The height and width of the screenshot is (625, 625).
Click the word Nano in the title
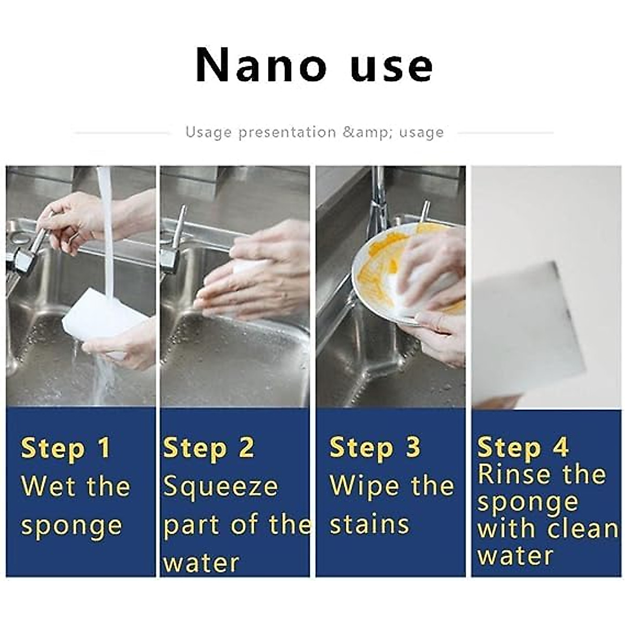(260, 65)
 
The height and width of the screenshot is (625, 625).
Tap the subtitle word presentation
(287, 132)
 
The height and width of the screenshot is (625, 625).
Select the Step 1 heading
(66, 449)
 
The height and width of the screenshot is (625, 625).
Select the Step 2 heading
(209, 449)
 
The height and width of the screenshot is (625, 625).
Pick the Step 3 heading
(375, 448)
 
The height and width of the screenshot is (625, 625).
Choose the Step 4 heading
(522, 448)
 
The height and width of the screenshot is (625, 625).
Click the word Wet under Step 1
(47, 486)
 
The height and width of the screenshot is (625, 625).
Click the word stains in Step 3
(369, 524)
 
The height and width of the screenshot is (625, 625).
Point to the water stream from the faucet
(107, 234)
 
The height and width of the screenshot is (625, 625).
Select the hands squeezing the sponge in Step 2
(255, 276)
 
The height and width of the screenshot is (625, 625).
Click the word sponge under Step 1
(71, 526)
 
